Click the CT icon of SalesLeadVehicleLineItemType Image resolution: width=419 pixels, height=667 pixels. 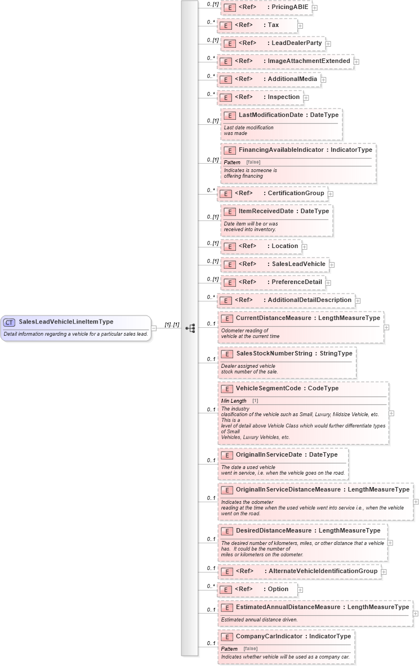pyautogui.click(x=10, y=322)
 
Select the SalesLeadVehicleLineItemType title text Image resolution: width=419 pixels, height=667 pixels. pyautogui.click(x=66, y=322)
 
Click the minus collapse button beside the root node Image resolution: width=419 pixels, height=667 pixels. pyautogui.click(x=154, y=328)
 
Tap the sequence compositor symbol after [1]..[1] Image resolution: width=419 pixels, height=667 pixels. pyautogui.click(x=190, y=328)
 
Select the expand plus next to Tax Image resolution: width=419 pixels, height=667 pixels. pyautogui.click(x=300, y=25)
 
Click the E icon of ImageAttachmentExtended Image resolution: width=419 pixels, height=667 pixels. pyautogui.click(x=225, y=61)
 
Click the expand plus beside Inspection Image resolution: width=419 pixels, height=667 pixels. pyautogui.click(x=306, y=98)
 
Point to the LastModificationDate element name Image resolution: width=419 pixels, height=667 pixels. pyautogui.click(x=271, y=115)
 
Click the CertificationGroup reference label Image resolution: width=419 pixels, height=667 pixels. pyautogui.click(x=296, y=193)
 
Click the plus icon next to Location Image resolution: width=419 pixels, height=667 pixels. pyautogui.click(x=304, y=246)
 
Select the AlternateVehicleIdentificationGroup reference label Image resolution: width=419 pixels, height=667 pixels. pyautogui.click(x=323, y=571)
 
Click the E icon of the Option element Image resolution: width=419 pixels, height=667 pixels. pyautogui.click(x=225, y=589)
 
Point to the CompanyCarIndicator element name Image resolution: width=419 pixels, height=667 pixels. pyautogui.click(x=269, y=636)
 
